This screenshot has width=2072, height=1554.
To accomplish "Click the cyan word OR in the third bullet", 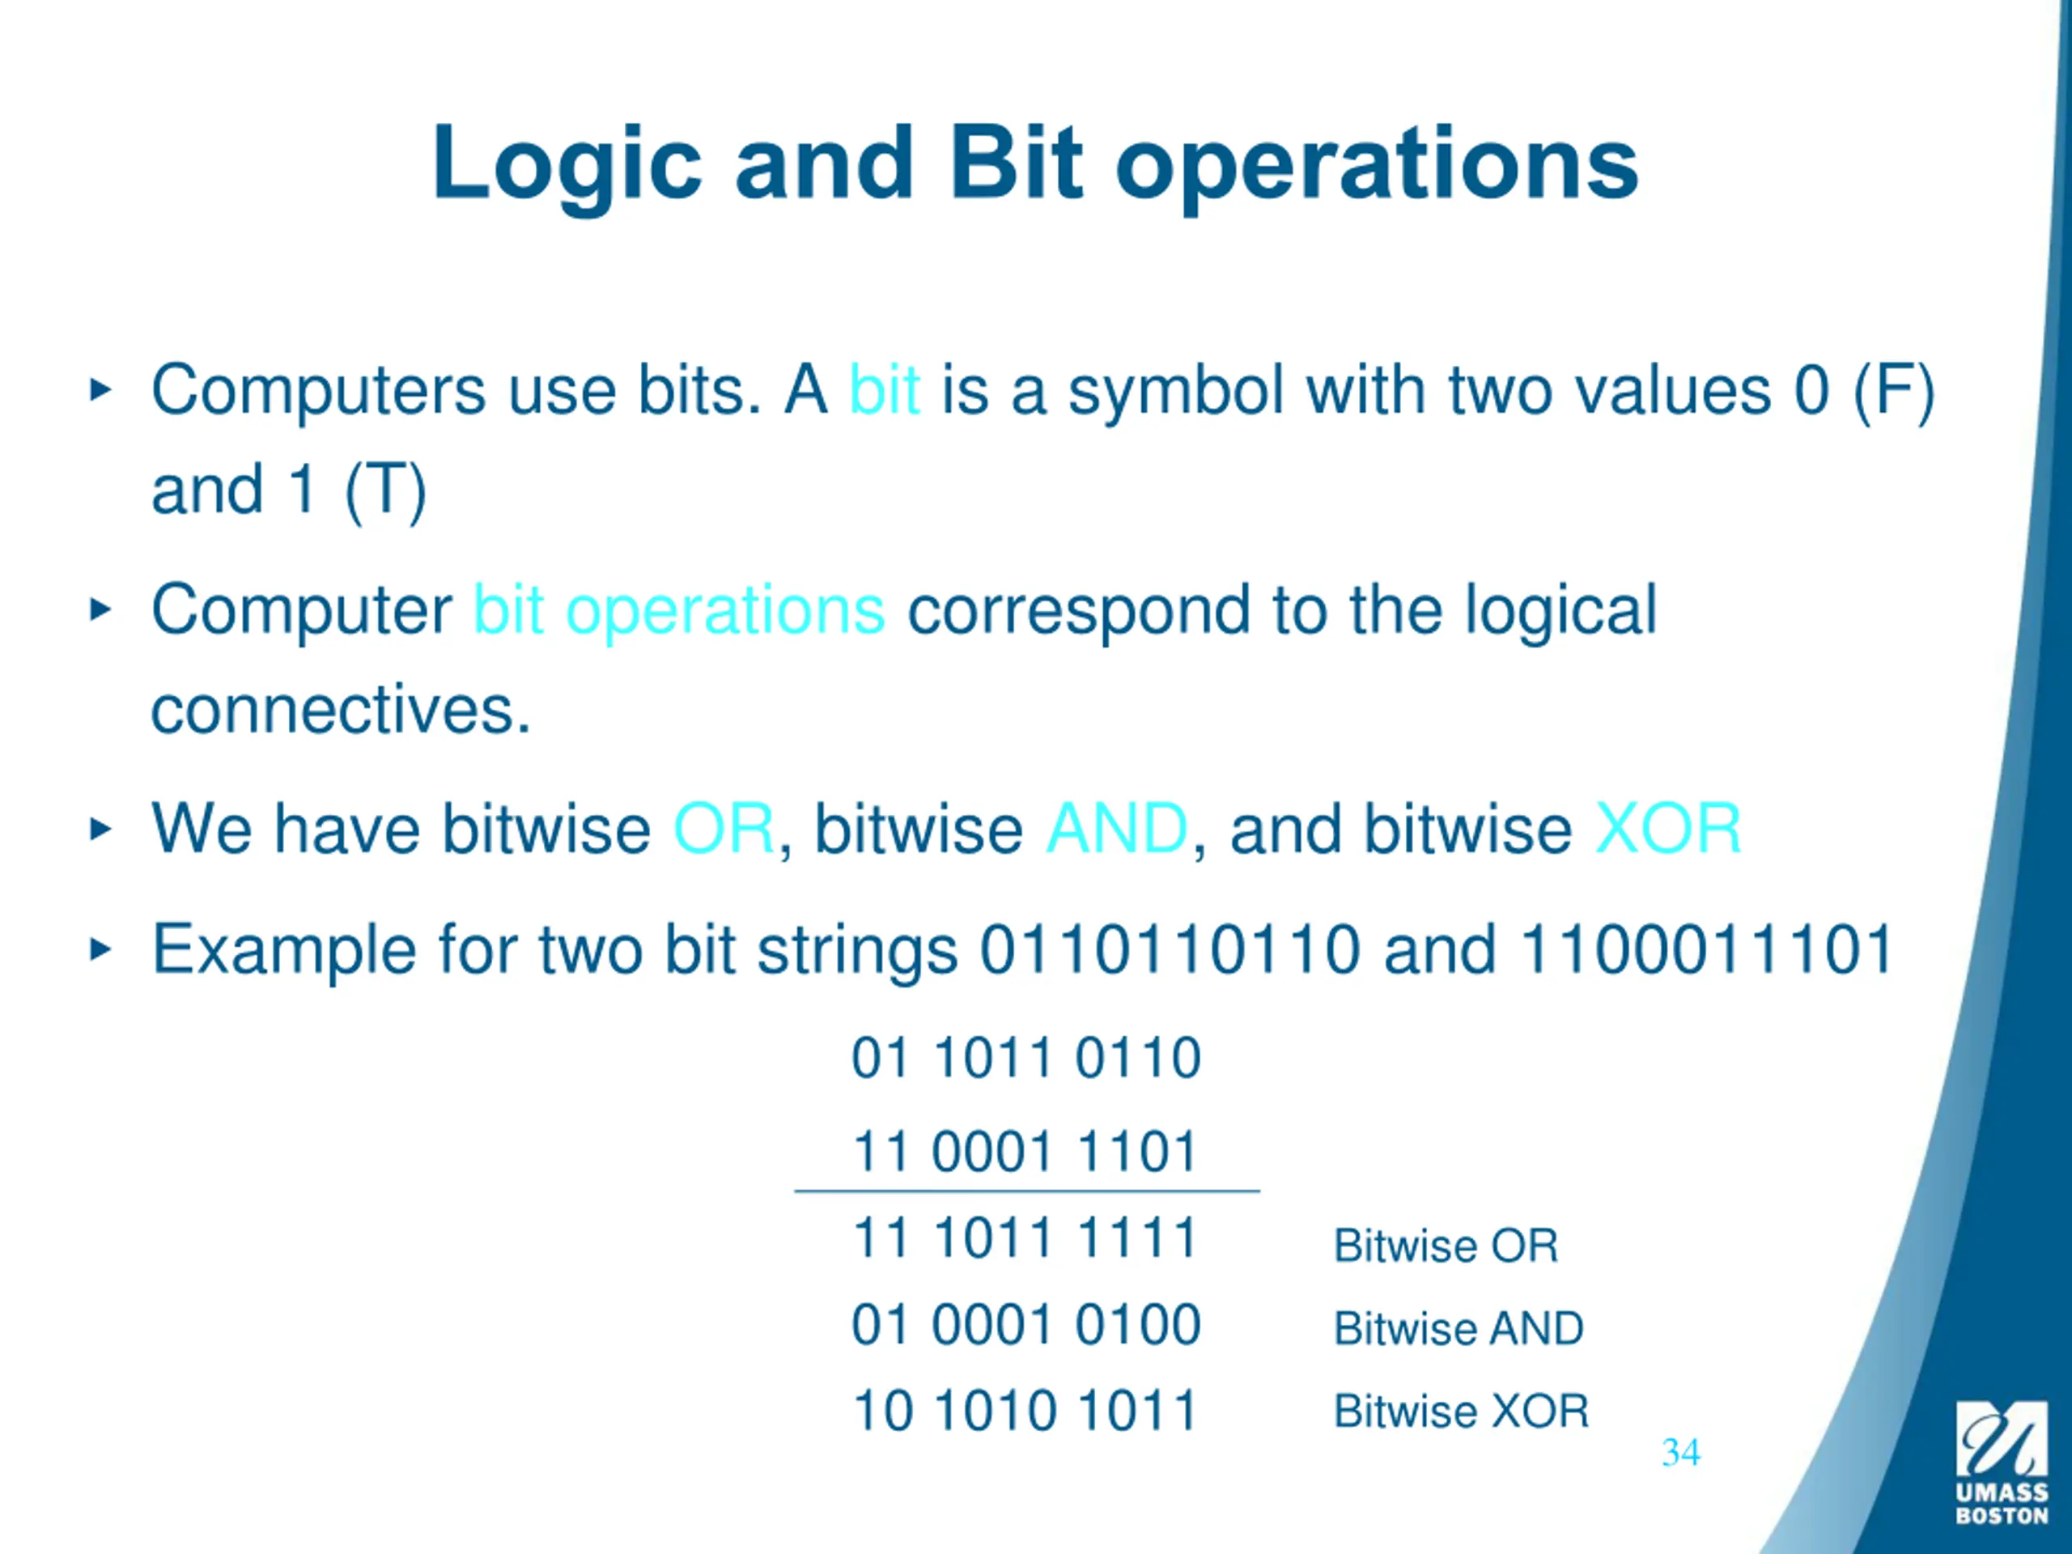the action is point(723,829).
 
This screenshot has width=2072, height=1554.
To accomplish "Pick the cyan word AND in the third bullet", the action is point(1117,829).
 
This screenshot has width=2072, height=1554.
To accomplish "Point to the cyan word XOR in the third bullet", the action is point(1667,829).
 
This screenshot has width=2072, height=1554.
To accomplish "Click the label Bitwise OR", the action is point(1446,1246).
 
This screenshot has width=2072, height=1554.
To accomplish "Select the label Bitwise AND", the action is point(1458,1328).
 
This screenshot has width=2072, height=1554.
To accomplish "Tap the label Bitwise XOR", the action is point(1461,1411).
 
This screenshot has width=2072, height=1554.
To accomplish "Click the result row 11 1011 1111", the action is point(1025,1238).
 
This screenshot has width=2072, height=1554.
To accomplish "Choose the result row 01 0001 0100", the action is point(1025,1324).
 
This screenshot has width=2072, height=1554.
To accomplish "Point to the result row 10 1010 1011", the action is point(1025,1411).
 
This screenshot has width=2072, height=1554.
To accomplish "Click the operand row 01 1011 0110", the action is point(1025,1059).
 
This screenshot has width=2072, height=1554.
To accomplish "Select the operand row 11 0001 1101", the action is point(1025,1151).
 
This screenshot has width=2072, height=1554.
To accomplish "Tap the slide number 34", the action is point(1680,1453).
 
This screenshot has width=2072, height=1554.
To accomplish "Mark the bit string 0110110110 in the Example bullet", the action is point(1169,950).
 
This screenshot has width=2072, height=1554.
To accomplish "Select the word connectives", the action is point(340,710).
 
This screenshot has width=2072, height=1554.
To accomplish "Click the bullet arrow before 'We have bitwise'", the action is point(100,829).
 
